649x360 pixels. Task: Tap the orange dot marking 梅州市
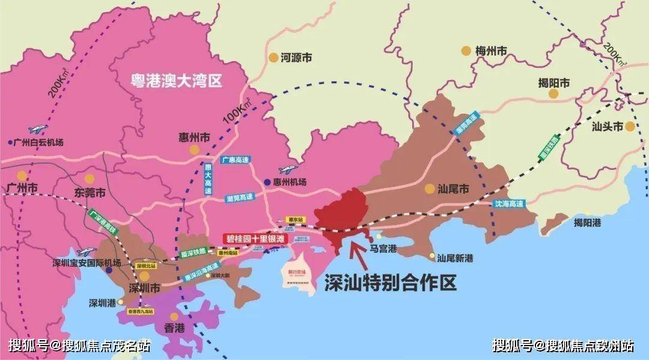(466, 51)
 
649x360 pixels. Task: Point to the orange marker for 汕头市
(630, 126)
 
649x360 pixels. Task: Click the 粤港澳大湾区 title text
(177, 81)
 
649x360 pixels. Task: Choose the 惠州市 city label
(193, 137)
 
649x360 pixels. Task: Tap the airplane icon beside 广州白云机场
(38, 129)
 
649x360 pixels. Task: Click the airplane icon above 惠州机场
(287, 170)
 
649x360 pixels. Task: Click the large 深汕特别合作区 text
(391, 282)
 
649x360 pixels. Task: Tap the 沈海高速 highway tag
(509, 204)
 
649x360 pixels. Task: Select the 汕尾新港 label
(455, 258)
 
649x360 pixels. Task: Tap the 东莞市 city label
(90, 194)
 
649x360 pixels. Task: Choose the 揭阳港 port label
(588, 222)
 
